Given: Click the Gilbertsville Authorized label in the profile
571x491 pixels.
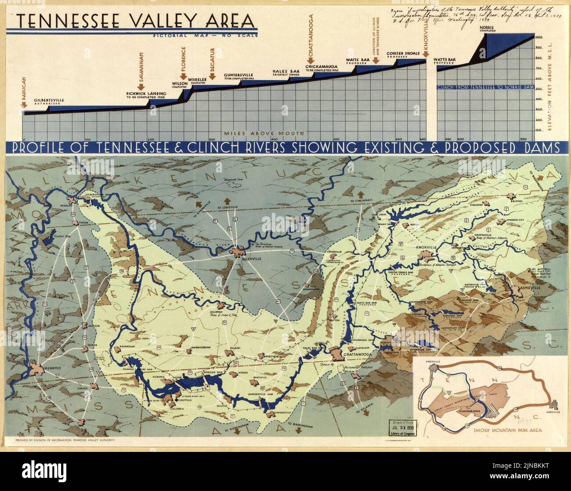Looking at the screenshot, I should click(x=49, y=101).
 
